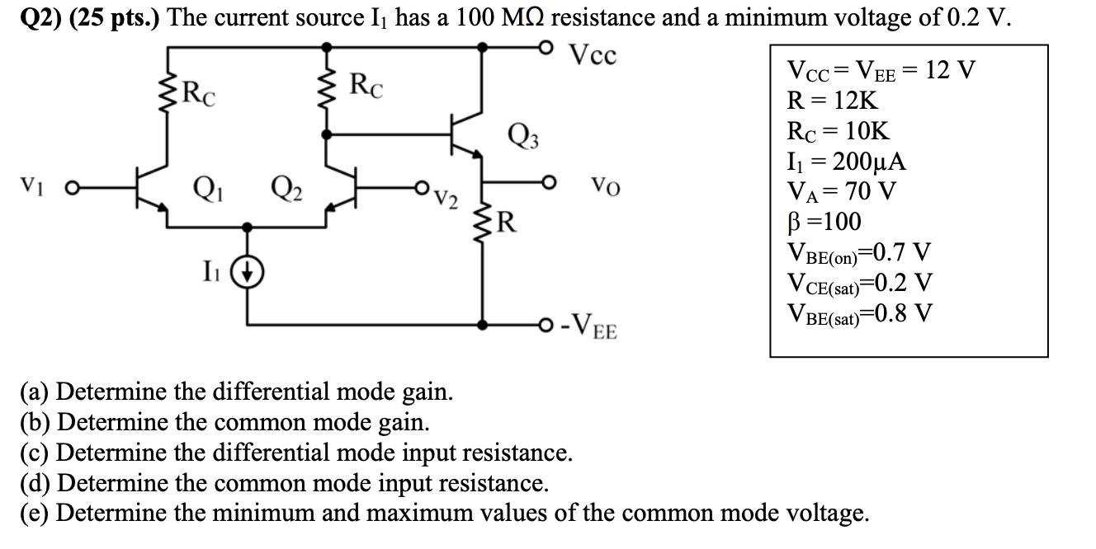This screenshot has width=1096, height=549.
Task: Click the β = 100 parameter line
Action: coord(824,222)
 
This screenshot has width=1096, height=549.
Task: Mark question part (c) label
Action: coord(35,452)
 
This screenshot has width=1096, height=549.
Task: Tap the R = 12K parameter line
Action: coord(834,101)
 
